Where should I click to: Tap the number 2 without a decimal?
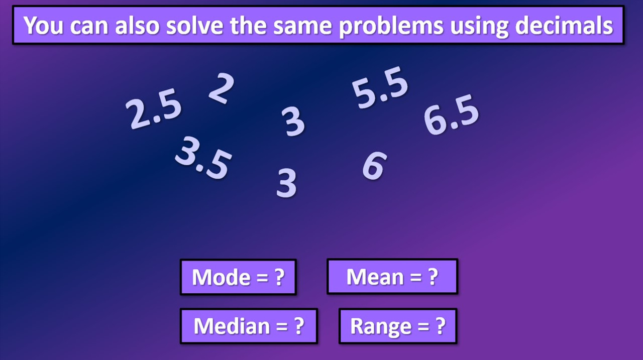coord(221,88)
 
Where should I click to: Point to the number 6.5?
coord(451,116)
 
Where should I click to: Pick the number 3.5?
coord(203,157)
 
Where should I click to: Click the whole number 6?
coord(374,166)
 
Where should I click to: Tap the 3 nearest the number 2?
coord(294,122)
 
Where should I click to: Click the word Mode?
coord(221,277)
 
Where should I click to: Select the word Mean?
coord(375,277)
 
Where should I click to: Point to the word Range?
coord(380,326)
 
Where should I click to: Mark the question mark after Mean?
coord(433,277)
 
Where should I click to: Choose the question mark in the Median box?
coord(299,326)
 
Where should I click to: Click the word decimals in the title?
coord(564,26)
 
